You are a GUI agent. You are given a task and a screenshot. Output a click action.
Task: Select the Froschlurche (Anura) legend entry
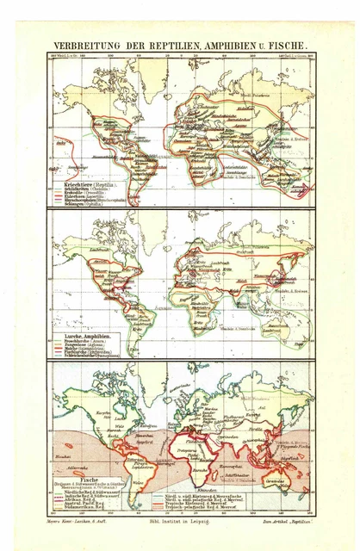(81, 342)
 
